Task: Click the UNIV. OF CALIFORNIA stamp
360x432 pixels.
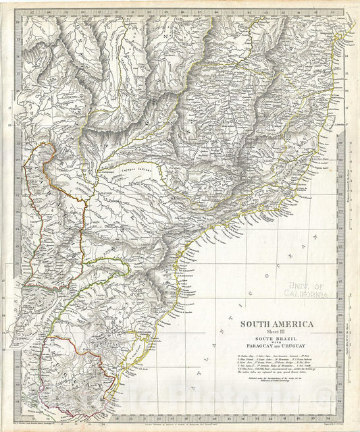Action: (306, 290)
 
